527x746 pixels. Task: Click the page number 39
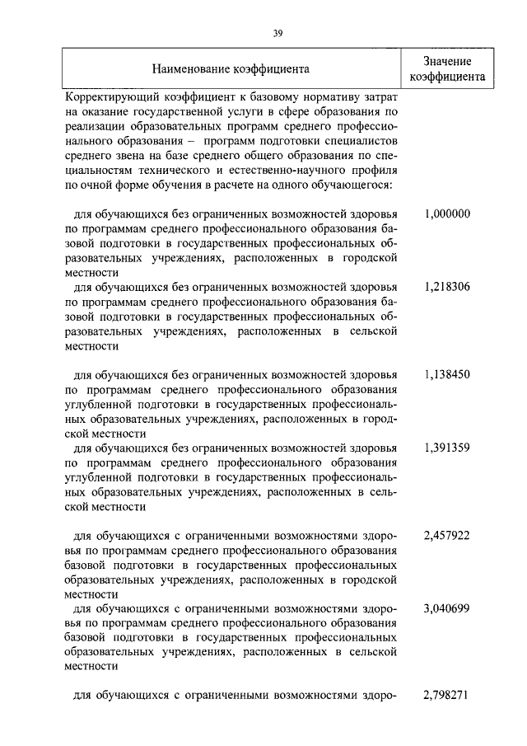click(x=277, y=32)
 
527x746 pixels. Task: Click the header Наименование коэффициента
click(x=231, y=69)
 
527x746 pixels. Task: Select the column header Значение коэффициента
click(x=447, y=69)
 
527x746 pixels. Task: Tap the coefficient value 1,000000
click(x=447, y=213)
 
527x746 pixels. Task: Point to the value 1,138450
click(x=447, y=374)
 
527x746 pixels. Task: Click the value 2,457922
click(x=447, y=535)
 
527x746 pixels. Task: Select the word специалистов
click(x=359, y=140)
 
